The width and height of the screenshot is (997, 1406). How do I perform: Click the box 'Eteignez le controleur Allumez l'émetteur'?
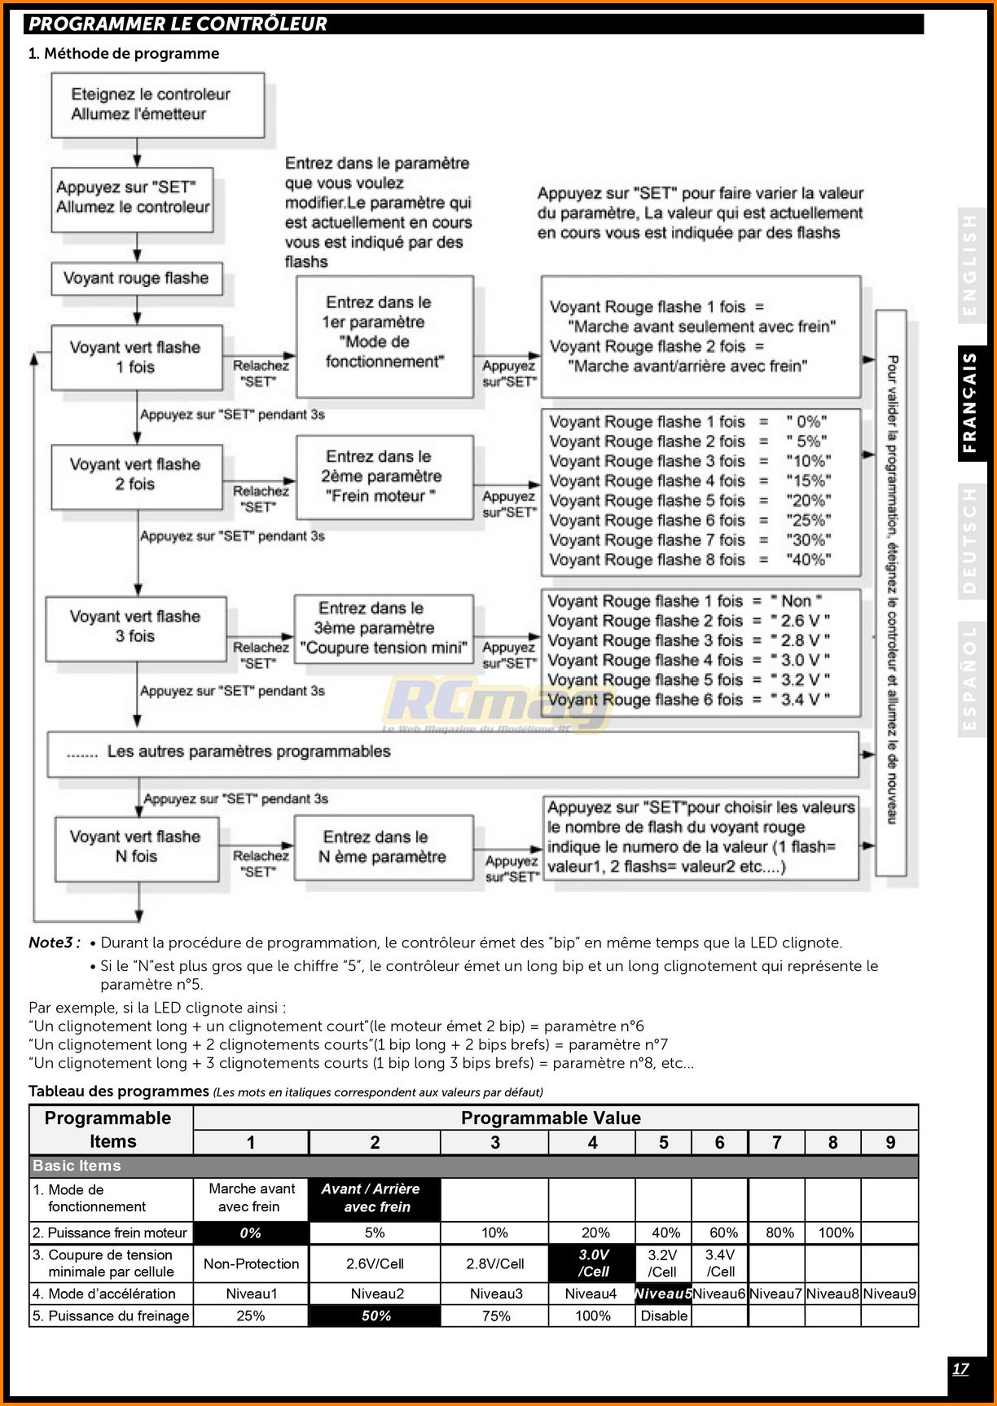pos(157,105)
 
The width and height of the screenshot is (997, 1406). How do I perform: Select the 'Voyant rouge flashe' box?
pos(137,279)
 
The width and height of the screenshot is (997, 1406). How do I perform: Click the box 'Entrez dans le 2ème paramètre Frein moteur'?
pos(384,477)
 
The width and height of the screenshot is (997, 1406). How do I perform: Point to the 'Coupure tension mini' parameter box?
pos(383,629)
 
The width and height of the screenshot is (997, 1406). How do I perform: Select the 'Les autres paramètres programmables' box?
pos(452,753)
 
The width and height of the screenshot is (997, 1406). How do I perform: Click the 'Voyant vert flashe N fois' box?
pos(136,848)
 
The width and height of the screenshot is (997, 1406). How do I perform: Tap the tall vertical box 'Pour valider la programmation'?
pos(891,592)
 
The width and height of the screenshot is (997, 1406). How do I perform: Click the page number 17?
pos(961,1369)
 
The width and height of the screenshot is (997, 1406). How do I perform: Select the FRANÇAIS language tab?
pos(971,402)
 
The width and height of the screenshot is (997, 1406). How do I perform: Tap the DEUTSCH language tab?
pos(971,541)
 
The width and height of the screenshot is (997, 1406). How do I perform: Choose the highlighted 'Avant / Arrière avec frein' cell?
pos(374,1198)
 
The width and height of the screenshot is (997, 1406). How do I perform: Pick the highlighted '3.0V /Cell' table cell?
pos(593,1263)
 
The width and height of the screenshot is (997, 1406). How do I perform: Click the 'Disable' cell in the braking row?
pos(664,1316)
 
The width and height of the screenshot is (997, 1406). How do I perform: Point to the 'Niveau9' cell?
pos(889,1294)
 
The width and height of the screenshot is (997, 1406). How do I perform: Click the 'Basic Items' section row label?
pos(77,1166)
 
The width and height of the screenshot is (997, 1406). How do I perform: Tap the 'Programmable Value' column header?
pos(551,1118)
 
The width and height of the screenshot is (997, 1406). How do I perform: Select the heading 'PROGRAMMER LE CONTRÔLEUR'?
pos(178,24)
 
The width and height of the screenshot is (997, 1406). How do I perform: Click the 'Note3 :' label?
pos(54,943)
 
